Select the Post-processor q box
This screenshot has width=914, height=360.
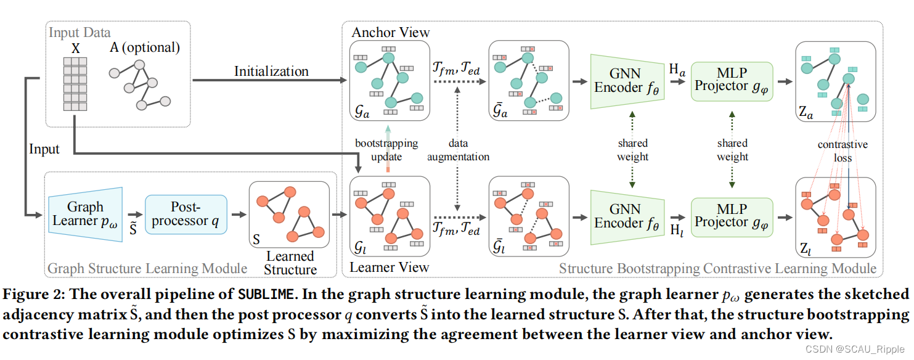click(x=186, y=214)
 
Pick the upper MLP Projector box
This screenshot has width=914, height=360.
click(x=732, y=81)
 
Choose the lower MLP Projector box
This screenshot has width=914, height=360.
click(x=732, y=216)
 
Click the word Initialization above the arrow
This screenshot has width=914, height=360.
click(x=271, y=72)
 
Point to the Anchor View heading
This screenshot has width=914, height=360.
click(x=390, y=32)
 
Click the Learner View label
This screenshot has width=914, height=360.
click(x=389, y=268)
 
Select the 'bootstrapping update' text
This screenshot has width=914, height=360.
click(x=386, y=150)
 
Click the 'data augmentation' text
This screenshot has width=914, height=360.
click(x=458, y=150)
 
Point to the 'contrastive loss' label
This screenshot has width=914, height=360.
click(x=842, y=151)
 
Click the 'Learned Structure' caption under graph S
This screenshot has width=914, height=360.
click(x=290, y=263)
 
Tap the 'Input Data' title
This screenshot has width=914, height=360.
click(x=80, y=32)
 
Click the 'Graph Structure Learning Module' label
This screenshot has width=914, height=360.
click(x=147, y=269)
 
